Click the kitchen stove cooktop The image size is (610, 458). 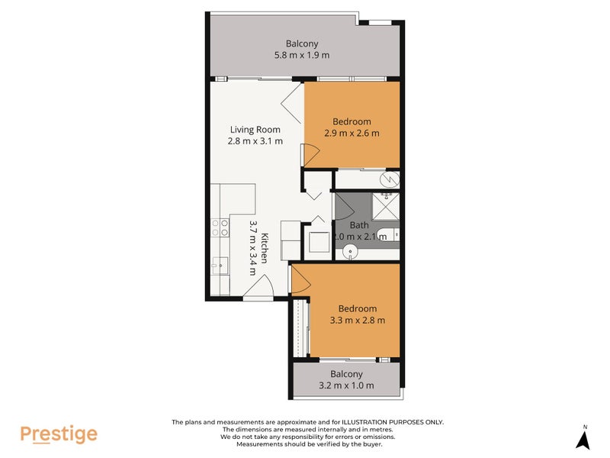pos(220,227)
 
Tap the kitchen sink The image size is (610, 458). pos(220,266)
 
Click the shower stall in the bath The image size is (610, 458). pos(386,205)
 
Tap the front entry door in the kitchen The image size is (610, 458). pos(258,285)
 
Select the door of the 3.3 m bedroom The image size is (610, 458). pos(300,279)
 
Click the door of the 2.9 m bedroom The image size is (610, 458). pos(310,156)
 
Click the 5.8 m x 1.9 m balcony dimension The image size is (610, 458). pos(302,55)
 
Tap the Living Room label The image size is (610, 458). pos(255,129)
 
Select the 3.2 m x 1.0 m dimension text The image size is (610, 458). pos(346,385)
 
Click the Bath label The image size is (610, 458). pos(359,225)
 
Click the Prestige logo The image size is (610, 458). pos(59,434)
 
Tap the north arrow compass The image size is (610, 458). pos(583,437)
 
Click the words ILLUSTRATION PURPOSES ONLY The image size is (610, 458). pos(392,422)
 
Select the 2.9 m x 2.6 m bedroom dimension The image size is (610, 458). pos(352,133)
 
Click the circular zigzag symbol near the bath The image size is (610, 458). pos(390,179)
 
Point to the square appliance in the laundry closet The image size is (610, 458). pos(319,242)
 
